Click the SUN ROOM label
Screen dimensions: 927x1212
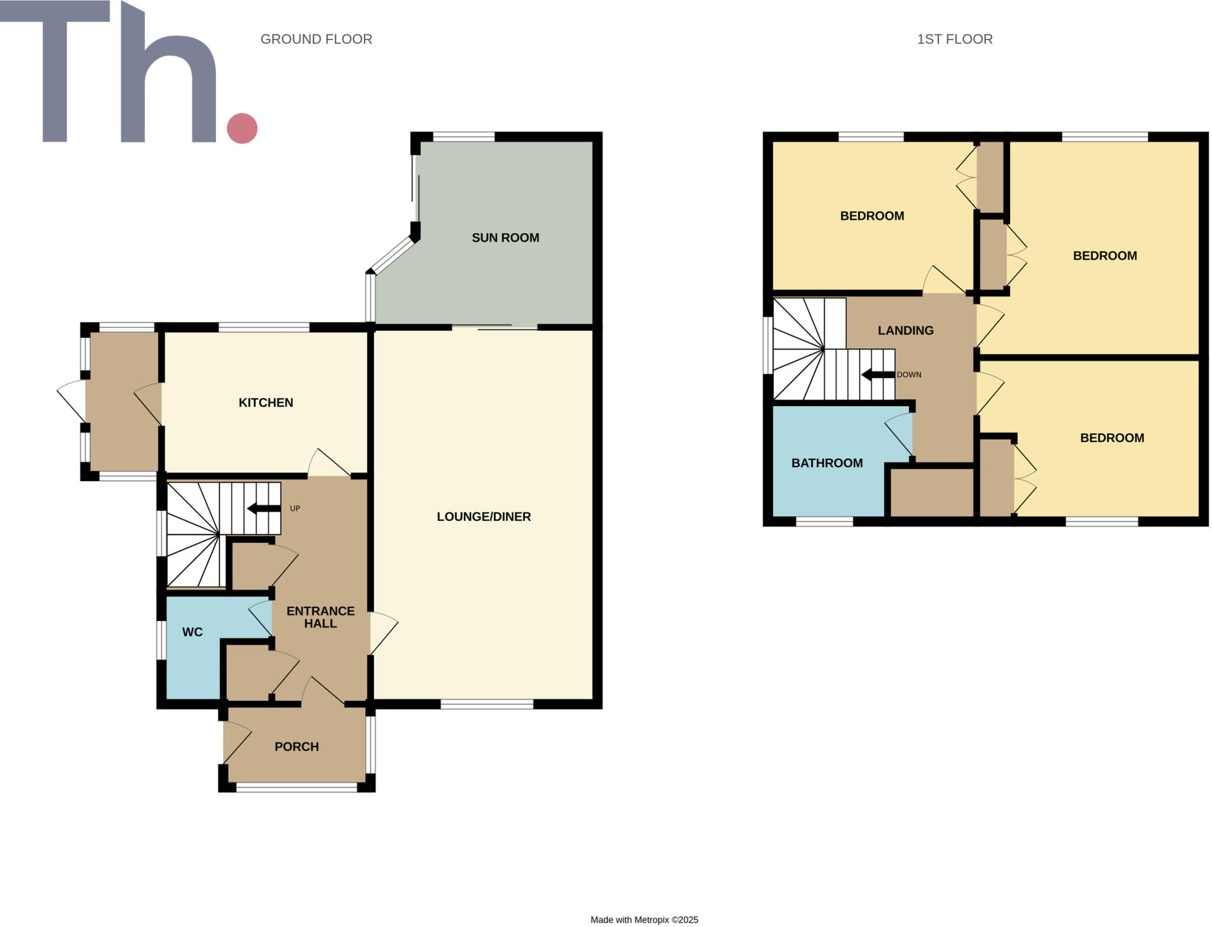pyautogui.click(x=505, y=237)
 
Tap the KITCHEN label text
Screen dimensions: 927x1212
pyautogui.click(x=266, y=403)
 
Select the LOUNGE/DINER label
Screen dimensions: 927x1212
pyautogui.click(x=483, y=516)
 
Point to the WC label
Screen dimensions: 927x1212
pyautogui.click(x=192, y=632)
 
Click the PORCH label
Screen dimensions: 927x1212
pyautogui.click(x=296, y=746)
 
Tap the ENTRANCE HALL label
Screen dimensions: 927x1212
pyautogui.click(x=320, y=617)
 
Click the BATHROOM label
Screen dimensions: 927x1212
pyautogui.click(x=827, y=463)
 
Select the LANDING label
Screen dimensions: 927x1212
pyautogui.click(x=905, y=330)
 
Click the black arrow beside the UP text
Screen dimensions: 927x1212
pyautogui.click(x=263, y=508)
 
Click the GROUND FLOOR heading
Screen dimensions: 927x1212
pyautogui.click(x=316, y=39)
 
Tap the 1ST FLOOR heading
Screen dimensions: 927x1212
pyautogui.click(x=955, y=39)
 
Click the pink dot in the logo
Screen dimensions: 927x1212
pyautogui.click(x=242, y=128)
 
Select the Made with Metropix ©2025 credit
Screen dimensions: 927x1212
pyautogui.click(x=644, y=919)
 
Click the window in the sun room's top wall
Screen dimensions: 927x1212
pyautogui.click(x=463, y=137)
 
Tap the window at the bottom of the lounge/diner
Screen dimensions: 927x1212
pyautogui.click(x=486, y=704)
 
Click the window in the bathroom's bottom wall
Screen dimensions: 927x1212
pyautogui.click(x=824, y=522)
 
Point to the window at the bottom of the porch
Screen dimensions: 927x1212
pyautogui.click(x=296, y=787)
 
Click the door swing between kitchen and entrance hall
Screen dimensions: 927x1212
pyautogui.click(x=327, y=463)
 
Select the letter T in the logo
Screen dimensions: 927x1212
pyautogui.click(x=55, y=71)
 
